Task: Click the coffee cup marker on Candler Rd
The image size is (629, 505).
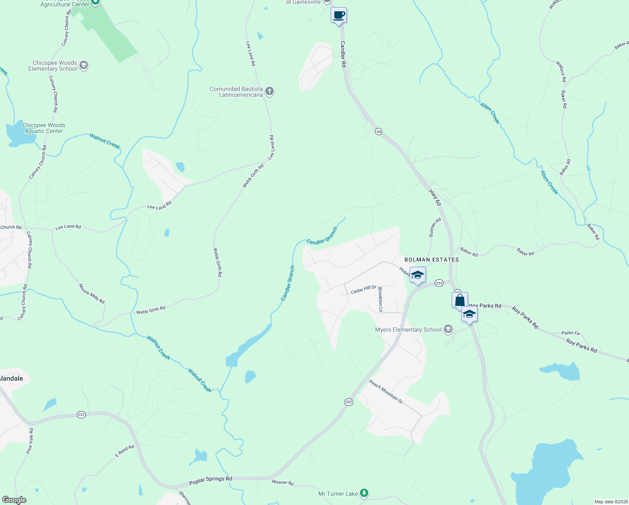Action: pyautogui.click(x=339, y=16)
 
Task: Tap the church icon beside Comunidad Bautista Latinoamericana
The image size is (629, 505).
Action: pyautogui.click(x=270, y=91)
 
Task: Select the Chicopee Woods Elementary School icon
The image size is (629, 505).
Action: pyautogui.click(x=84, y=65)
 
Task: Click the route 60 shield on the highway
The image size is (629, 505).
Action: pyautogui.click(x=379, y=132)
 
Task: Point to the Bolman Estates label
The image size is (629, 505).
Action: pyautogui.click(x=431, y=260)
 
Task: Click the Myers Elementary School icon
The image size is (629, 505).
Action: pyautogui.click(x=448, y=329)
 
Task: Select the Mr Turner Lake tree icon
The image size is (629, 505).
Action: pyautogui.click(x=364, y=493)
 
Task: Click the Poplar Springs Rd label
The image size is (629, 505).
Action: pyautogui.click(x=210, y=480)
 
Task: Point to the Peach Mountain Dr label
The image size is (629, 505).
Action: pyautogui.click(x=386, y=392)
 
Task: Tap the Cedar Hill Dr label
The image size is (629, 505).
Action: pyautogui.click(x=363, y=289)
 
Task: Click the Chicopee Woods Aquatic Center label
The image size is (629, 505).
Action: pyautogui.click(x=44, y=128)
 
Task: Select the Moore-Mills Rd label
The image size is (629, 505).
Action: pyautogui.click(x=92, y=294)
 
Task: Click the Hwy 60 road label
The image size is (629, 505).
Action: pyautogui.click(x=435, y=197)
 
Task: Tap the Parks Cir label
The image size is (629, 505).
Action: pyautogui.click(x=571, y=333)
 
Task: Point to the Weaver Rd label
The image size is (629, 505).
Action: pyautogui.click(x=283, y=482)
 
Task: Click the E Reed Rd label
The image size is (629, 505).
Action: pyautogui.click(x=124, y=451)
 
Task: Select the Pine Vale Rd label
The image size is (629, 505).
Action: pyautogui.click(x=29, y=441)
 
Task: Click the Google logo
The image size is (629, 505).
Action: pyautogui.click(x=14, y=500)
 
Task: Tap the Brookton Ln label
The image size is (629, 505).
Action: pyautogui.click(x=380, y=300)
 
